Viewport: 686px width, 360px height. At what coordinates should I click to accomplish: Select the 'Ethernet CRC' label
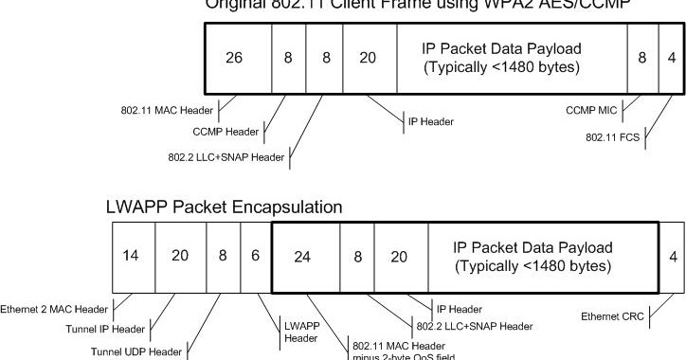613,316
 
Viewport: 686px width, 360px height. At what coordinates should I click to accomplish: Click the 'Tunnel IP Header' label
117,330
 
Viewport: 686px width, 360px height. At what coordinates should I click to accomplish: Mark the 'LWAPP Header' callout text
300,331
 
